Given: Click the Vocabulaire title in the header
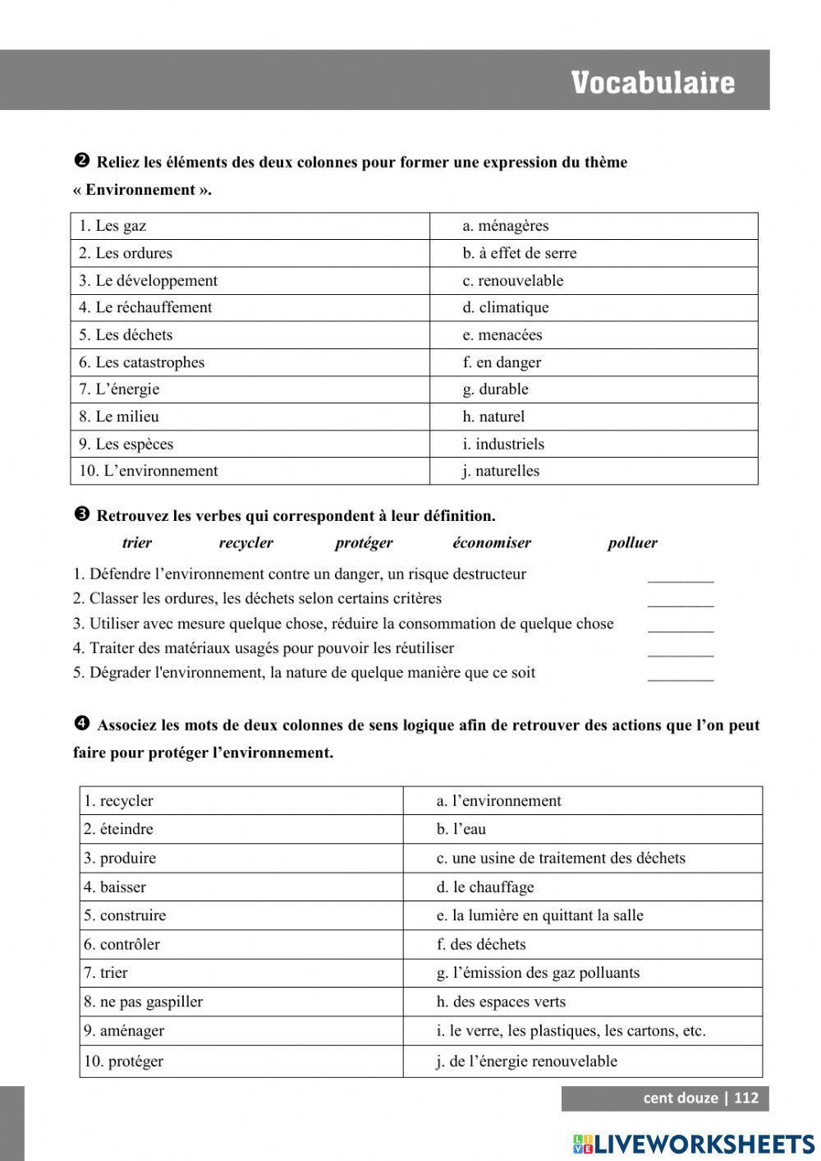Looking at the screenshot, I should pos(653,83).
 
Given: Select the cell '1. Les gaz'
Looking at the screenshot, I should pos(250,226).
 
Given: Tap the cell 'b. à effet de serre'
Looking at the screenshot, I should pos(593,253).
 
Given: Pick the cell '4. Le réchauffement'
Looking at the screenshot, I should pos(250,307).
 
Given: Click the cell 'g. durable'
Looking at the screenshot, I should pos(593,389).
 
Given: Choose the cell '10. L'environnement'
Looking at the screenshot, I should pos(250,471).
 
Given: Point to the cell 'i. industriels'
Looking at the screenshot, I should pos(593,444).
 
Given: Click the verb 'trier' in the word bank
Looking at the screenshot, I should pos(136,543).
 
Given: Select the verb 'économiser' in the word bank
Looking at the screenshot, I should pos(491,543).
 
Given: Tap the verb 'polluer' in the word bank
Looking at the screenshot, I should pos(632,543).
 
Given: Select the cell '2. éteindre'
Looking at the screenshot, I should pos(241,829).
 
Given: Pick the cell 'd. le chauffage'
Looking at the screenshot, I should pos(582,887).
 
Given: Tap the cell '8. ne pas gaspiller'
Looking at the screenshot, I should pos(241,1002).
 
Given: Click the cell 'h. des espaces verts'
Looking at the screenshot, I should pos(582,1002).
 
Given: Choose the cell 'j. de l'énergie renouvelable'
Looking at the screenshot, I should pos(582,1061).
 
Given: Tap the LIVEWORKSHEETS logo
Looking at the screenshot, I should pos(694,1144).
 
